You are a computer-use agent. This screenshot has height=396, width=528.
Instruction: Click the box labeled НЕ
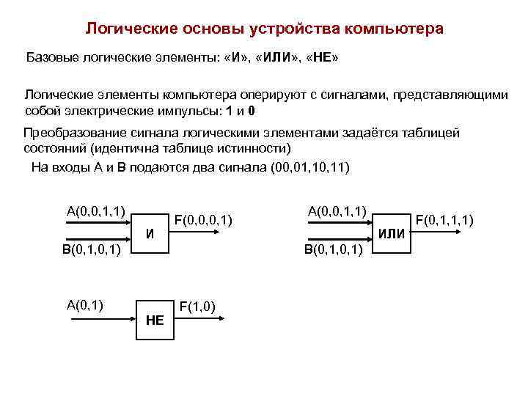click(x=155, y=319)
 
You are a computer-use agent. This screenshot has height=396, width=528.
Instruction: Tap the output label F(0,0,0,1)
click(x=203, y=219)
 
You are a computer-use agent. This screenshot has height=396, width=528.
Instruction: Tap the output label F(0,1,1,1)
click(x=444, y=219)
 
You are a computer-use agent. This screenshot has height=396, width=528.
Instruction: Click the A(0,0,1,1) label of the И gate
click(x=95, y=212)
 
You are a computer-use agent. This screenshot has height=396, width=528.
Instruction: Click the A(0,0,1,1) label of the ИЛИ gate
click(x=337, y=211)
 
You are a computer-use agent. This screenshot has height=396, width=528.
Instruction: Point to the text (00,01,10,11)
click(x=310, y=167)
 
